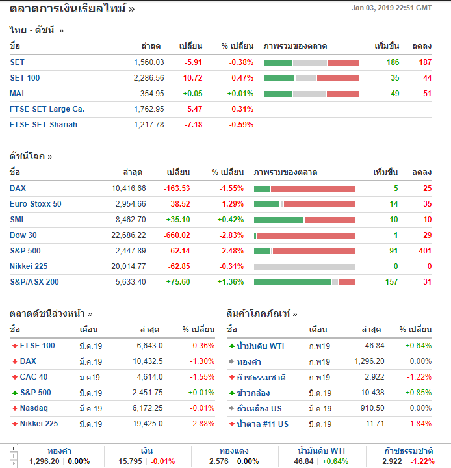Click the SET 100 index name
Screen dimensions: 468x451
(x=25, y=78)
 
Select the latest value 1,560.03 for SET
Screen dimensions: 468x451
(x=149, y=62)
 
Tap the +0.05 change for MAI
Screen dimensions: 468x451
(x=192, y=94)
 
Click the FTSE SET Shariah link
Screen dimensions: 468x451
(x=44, y=125)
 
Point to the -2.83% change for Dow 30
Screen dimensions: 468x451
(x=230, y=235)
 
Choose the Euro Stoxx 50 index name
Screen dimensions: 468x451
(x=36, y=204)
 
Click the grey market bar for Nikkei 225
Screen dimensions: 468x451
(x=304, y=266)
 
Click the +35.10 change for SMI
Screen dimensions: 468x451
(x=177, y=220)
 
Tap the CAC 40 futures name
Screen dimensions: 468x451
(x=34, y=377)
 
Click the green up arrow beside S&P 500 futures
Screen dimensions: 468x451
(x=14, y=393)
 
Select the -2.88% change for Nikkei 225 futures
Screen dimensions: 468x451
(x=201, y=424)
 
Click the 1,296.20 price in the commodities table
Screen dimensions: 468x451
(x=369, y=361)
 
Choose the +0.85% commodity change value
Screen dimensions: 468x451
(x=418, y=393)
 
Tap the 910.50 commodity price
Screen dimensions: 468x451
(x=372, y=408)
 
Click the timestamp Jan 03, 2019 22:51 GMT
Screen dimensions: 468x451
(x=391, y=8)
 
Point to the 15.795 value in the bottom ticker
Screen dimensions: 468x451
(x=131, y=461)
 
